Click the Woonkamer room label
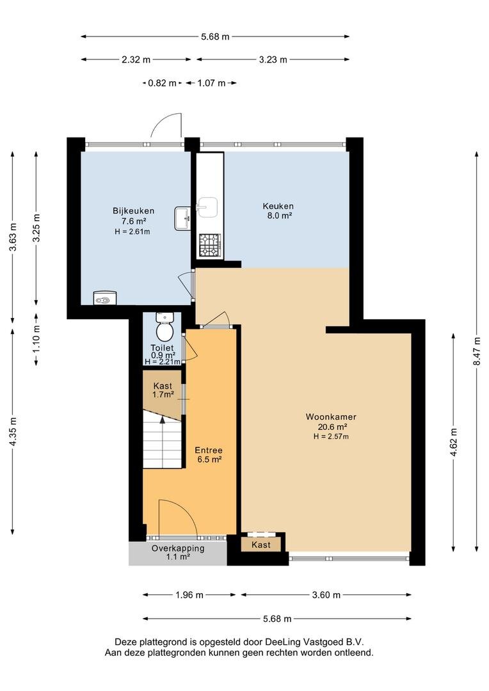[331, 417]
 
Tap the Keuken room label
[278, 206]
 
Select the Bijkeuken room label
[133, 210]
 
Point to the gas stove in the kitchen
[211, 245]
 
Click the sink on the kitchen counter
[207, 207]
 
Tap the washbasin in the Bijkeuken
[182, 218]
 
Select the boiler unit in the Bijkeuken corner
[105, 298]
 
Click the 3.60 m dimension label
[326, 595]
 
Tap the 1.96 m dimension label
[189, 595]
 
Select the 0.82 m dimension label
[162, 83]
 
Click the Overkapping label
[178, 549]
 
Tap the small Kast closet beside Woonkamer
[261, 544]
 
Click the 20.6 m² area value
[332, 427]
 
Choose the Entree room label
[209, 450]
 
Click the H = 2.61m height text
[132, 232]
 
